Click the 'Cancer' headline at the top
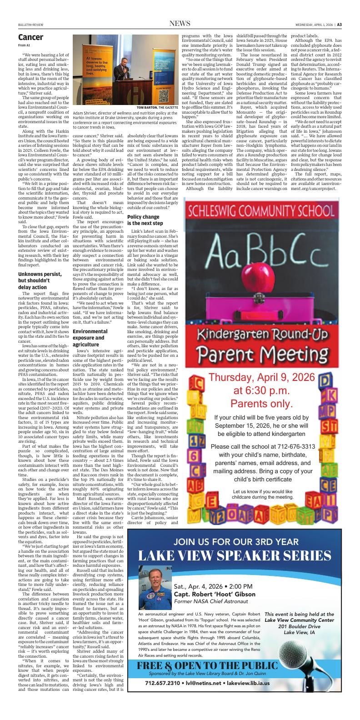31,37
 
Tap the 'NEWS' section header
180,24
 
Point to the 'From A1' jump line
24,45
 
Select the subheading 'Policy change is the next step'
145,220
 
